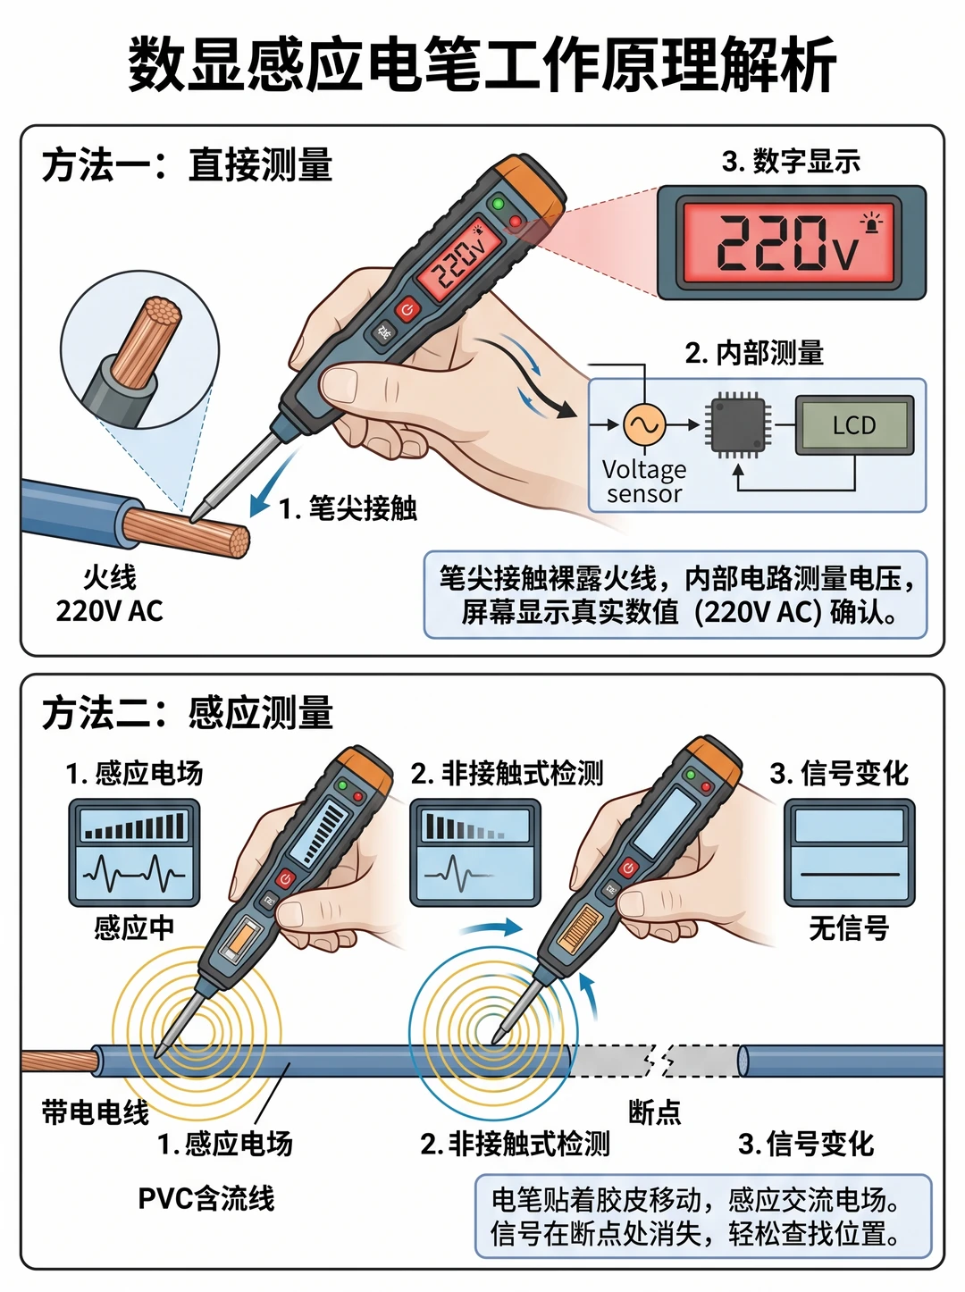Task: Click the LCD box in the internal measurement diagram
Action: click(x=854, y=425)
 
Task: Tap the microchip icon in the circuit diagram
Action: click(x=738, y=425)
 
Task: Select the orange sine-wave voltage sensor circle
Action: click(x=645, y=424)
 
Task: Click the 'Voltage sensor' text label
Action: click(x=644, y=482)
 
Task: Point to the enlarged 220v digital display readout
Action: click(x=788, y=243)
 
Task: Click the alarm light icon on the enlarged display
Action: click(x=871, y=223)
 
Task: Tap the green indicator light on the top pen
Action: click(x=499, y=204)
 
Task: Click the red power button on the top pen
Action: click(x=407, y=308)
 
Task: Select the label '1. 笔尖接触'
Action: click(x=348, y=508)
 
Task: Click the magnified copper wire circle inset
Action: click(x=140, y=349)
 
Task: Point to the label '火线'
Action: click(x=109, y=577)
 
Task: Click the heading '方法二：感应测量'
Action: click(x=188, y=713)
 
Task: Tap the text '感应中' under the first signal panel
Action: click(x=134, y=928)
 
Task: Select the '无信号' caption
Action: click(x=849, y=929)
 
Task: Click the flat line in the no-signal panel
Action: click(x=850, y=875)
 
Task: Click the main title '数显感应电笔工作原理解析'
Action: click(x=482, y=63)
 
